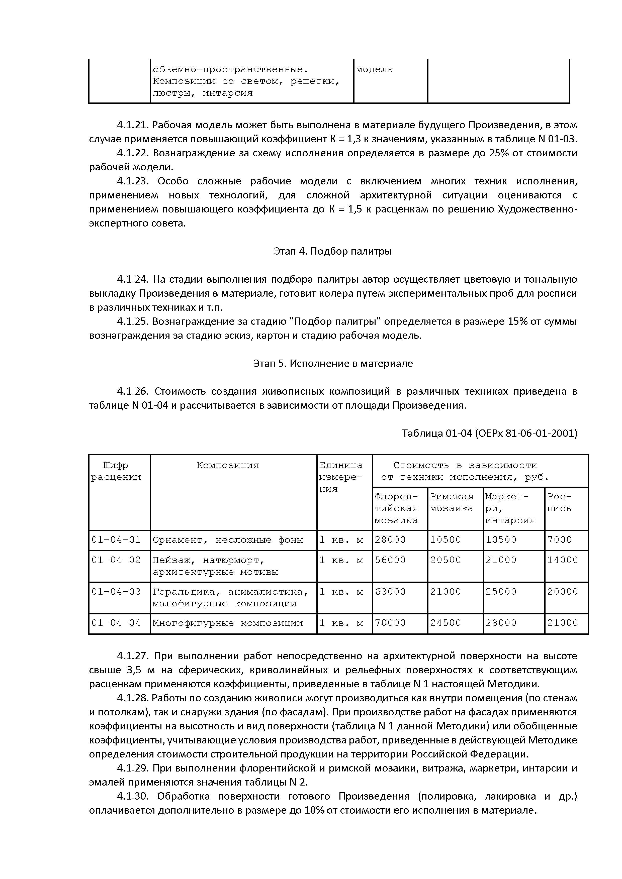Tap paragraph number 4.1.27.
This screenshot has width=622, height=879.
click(x=133, y=656)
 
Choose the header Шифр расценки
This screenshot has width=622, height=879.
click(x=116, y=471)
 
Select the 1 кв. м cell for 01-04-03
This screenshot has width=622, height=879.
click(x=341, y=592)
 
